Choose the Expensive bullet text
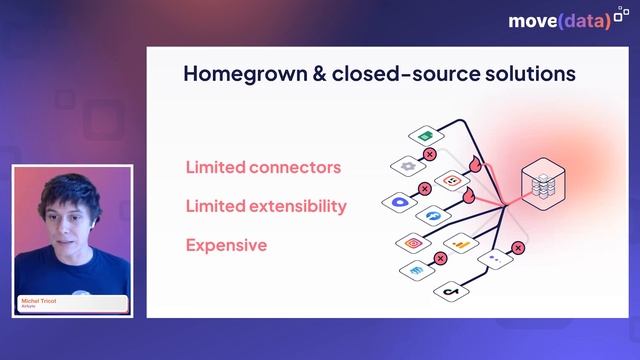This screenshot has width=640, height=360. pyautogui.click(x=226, y=244)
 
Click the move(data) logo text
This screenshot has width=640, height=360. pyautogui.click(x=558, y=20)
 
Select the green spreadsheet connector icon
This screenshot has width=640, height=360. pyautogui.click(x=424, y=136)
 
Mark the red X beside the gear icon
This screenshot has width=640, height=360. pyautogui.click(x=430, y=154)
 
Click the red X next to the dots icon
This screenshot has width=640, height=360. pyautogui.click(x=518, y=247)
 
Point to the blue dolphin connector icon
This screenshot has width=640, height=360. pyautogui.click(x=434, y=215)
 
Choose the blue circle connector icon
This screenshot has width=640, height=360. pyautogui.click(x=399, y=202)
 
